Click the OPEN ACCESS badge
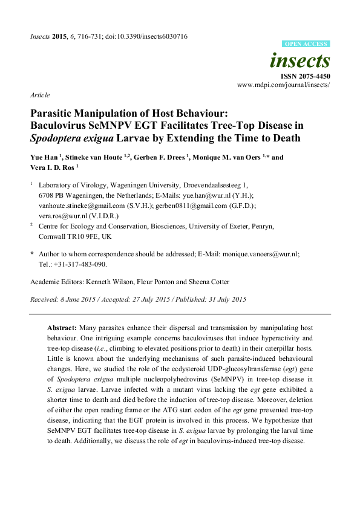pos(306,44)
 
